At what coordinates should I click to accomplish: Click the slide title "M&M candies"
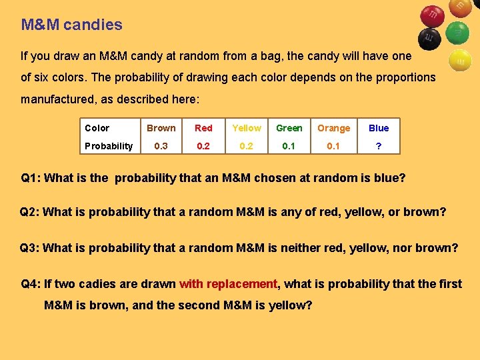tap(72, 25)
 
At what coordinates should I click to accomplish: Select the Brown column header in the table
tap(161, 128)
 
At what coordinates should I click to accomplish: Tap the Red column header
tap(203, 128)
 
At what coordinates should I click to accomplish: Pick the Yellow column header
tap(247, 128)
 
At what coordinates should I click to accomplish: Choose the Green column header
tap(289, 128)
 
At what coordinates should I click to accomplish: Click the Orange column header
tap(333, 128)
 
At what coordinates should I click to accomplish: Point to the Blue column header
tap(379, 128)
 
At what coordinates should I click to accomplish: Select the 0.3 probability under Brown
tap(161, 146)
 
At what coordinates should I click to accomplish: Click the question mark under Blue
tap(379, 146)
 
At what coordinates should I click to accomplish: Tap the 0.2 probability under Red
tap(203, 146)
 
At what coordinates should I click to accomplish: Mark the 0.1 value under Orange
tap(333, 146)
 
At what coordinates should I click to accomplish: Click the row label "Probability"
tap(109, 146)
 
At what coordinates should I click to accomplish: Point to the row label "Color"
tap(97, 128)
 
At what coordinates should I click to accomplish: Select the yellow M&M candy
tap(459, 60)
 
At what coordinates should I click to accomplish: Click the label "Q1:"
tap(31, 178)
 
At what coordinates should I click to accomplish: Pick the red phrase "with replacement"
tap(228, 284)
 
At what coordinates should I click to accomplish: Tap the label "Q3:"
tap(29, 248)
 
